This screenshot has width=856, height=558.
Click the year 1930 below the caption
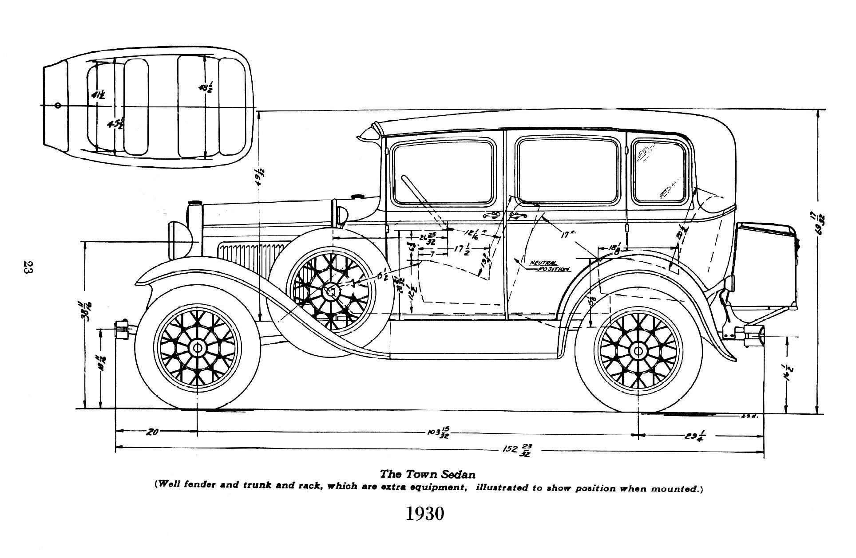coord(425,514)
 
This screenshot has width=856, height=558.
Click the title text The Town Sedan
coord(428,475)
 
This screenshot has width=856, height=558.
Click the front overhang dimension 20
coord(152,431)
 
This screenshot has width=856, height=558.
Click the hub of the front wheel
coord(197,348)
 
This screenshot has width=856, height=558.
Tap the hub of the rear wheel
coord(638,351)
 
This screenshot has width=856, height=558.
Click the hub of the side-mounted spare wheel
coord(330,291)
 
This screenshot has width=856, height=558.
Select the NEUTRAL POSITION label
coord(549,266)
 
